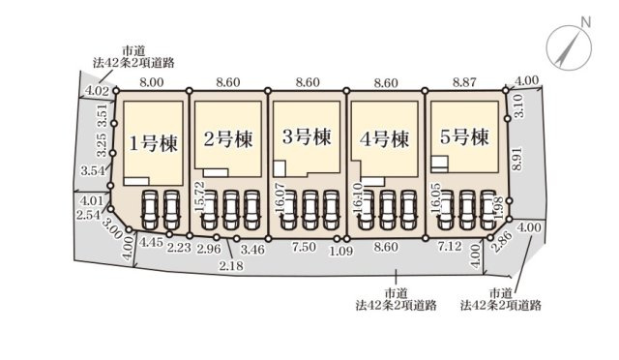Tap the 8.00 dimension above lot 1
click(x=152, y=83)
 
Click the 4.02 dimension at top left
click(x=96, y=91)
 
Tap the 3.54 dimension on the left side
click(x=92, y=171)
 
